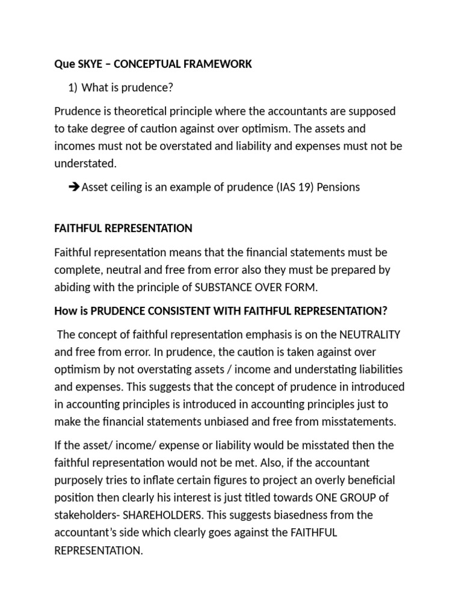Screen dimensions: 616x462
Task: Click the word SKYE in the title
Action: click(x=88, y=64)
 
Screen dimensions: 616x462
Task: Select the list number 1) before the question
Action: click(x=73, y=88)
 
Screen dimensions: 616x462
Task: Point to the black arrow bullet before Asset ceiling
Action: click(x=75, y=187)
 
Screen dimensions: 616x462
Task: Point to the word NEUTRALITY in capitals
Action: click(x=370, y=334)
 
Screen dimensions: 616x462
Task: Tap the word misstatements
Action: click(x=361, y=421)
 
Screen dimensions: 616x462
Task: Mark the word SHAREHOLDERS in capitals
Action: click(x=154, y=515)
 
